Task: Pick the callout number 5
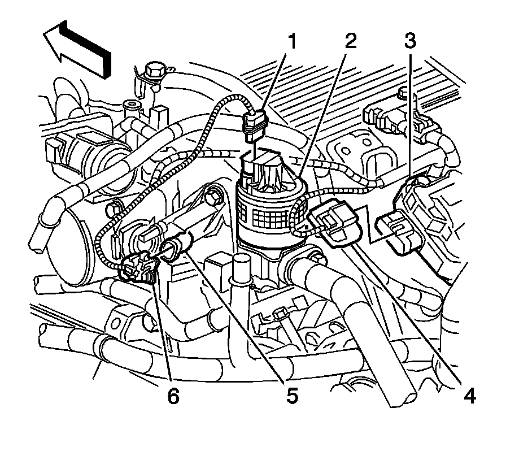pos(291,396)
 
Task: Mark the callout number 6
pos(172,396)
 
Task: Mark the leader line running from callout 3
pos(411,113)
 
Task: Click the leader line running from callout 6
pos(164,333)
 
